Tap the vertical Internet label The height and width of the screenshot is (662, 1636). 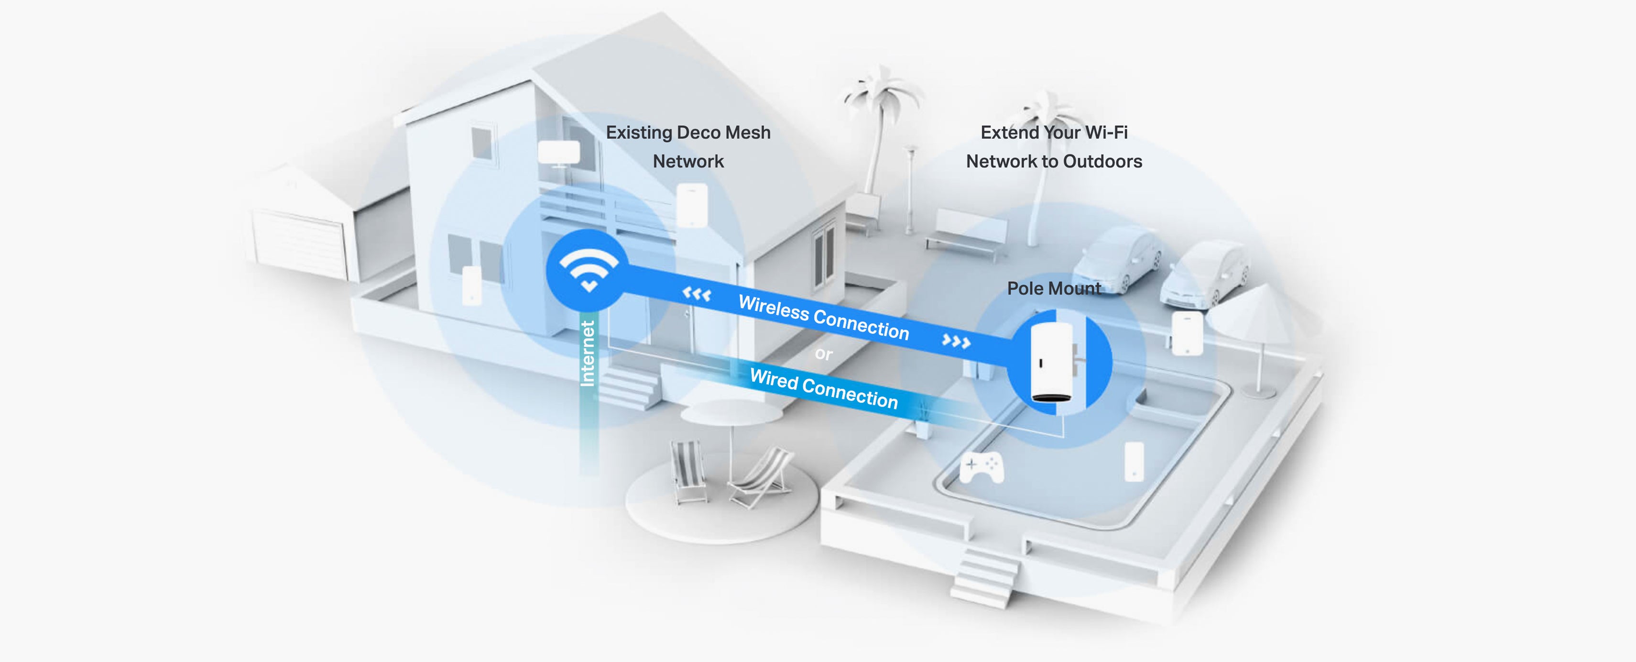pos(588,353)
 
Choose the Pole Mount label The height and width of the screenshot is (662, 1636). pos(1054,288)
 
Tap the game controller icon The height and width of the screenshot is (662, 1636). pos(981,468)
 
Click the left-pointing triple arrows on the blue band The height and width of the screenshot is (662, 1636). pos(697,294)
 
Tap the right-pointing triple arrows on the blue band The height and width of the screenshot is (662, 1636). pos(956,342)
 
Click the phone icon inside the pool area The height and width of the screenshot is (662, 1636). pos(1134,462)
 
